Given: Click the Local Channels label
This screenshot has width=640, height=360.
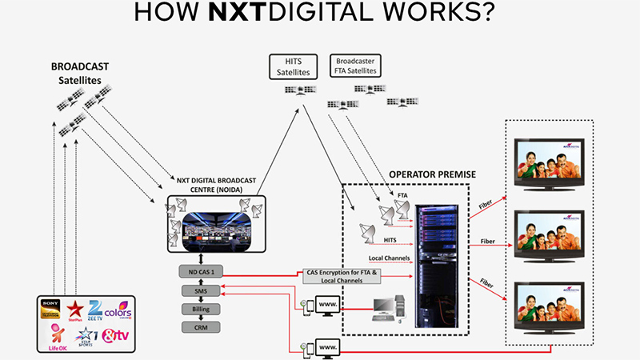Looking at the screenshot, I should pyautogui.click(x=390, y=258).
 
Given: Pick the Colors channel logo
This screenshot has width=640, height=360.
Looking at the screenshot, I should pyautogui.click(x=122, y=308).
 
